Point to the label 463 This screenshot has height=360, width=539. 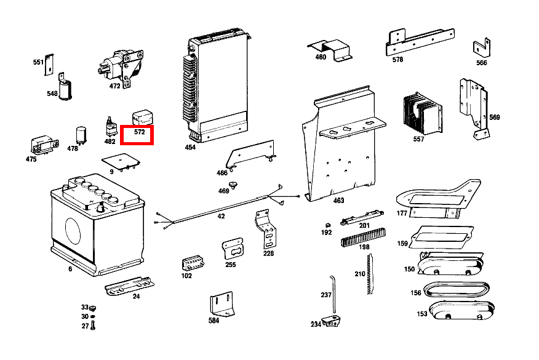coord(338,201)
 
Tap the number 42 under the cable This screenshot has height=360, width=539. coord(221,217)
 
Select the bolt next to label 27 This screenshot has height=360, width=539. coord(93,326)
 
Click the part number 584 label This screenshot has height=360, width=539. coord(214,321)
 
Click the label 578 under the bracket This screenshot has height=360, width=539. coord(397,60)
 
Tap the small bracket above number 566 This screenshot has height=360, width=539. coord(480,48)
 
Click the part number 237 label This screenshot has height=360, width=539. coord(326,295)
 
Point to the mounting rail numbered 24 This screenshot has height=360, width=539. coord(128,287)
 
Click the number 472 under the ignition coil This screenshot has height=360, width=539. coord(115,87)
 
